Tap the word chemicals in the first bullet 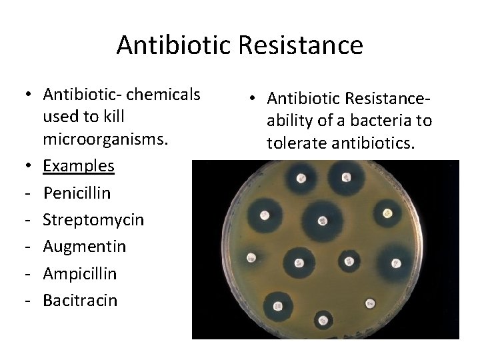click(x=163, y=95)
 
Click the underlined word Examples click(x=79, y=165)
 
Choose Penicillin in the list click(x=77, y=193)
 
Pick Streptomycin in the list click(x=93, y=219)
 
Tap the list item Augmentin click(x=84, y=247)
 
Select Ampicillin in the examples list click(x=80, y=273)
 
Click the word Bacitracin click(x=80, y=300)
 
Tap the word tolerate click(x=297, y=143)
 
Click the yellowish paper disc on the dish click(x=387, y=214)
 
